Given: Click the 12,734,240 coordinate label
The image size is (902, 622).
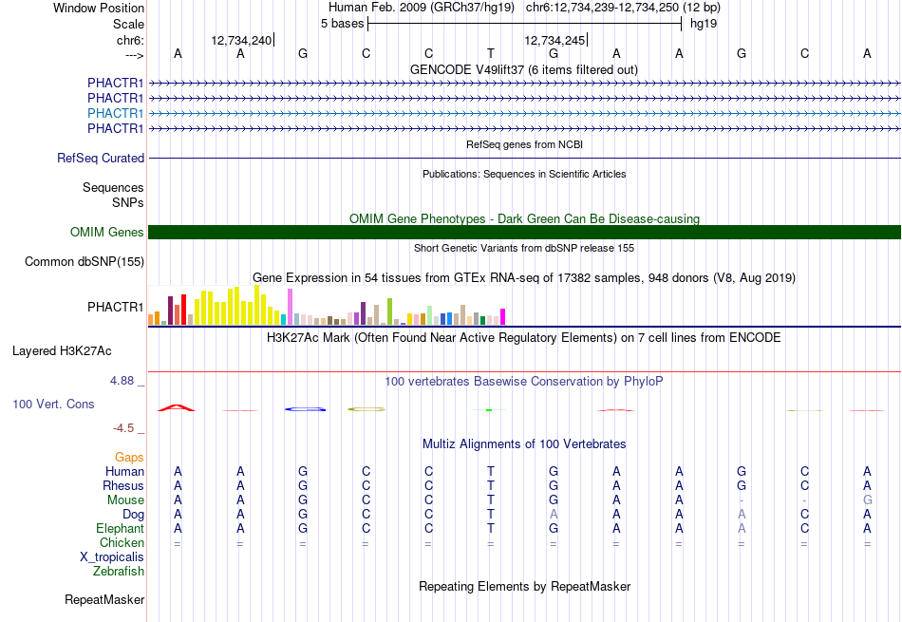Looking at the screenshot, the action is (x=241, y=40).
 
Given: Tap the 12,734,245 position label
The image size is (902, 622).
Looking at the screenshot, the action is (x=554, y=40).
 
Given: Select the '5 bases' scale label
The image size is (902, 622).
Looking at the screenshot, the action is (x=342, y=24).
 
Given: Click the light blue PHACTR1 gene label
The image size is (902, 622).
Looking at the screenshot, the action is (x=115, y=113).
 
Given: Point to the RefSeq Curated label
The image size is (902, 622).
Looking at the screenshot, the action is (x=101, y=159).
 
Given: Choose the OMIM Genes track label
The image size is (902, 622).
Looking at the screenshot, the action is (x=107, y=232).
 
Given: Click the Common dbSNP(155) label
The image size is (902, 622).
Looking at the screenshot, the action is (x=85, y=262).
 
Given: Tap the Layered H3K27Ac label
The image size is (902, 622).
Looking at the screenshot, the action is (x=62, y=351).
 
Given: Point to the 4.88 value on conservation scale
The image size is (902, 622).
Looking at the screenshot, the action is (x=122, y=381).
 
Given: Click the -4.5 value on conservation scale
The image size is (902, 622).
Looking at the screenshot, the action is (x=123, y=428).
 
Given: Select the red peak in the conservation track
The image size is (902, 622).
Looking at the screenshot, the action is (x=177, y=408).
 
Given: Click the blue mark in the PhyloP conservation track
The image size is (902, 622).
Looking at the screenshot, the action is (x=305, y=409).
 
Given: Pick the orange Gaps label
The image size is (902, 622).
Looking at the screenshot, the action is (x=129, y=457).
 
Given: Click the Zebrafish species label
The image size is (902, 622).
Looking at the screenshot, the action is (x=119, y=572).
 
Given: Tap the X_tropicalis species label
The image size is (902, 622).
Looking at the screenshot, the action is (x=112, y=557).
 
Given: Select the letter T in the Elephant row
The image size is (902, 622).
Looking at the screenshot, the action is (x=491, y=528).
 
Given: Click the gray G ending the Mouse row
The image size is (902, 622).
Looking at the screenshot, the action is (x=868, y=500).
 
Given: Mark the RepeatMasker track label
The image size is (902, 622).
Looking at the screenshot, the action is (x=104, y=599).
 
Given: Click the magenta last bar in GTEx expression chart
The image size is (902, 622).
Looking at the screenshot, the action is (x=503, y=317).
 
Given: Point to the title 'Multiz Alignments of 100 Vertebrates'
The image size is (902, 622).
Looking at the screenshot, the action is (x=524, y=444).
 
